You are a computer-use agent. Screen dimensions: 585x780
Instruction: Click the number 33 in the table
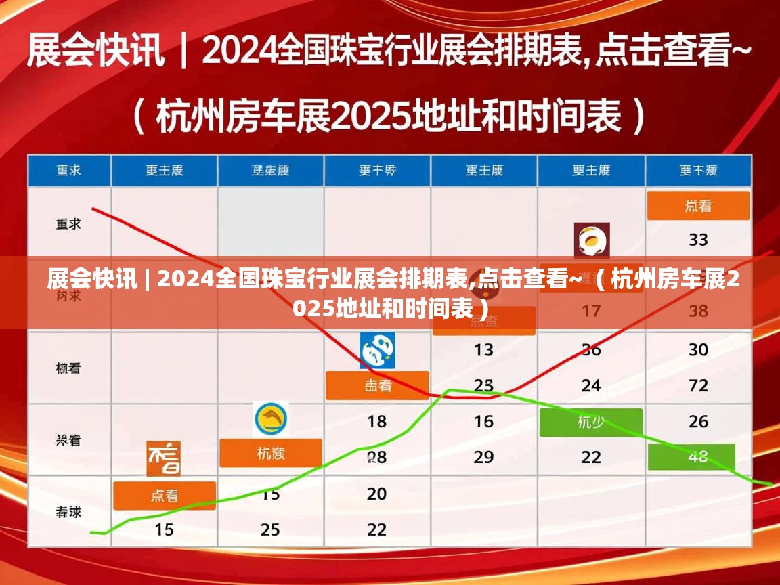(698, 240)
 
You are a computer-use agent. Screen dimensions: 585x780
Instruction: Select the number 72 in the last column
(698, 386)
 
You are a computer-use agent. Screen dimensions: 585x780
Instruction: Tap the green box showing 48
(691, 457)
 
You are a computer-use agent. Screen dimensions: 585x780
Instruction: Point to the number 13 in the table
(483, 350)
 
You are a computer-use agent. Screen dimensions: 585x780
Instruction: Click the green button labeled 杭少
(590, 422)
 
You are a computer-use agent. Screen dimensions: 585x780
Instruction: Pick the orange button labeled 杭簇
(271, 453)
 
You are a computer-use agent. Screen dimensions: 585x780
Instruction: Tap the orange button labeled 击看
(377, 386)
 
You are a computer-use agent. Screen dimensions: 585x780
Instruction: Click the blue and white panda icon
(377, 351)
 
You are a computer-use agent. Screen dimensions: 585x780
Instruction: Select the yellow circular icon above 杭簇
(271, 419)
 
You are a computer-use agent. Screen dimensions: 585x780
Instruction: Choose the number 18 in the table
(377, 422)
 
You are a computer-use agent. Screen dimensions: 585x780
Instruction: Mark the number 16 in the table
(483, 422)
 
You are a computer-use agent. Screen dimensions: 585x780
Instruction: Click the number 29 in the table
(483, 457)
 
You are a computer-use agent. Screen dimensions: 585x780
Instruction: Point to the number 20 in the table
(377, 494)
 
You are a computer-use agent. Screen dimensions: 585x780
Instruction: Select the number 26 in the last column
(698, 422)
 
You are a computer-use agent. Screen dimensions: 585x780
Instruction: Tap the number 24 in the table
(590, 386)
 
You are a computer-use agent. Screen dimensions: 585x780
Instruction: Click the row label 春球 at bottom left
(68, 512)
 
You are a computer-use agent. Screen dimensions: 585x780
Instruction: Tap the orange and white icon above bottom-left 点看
(164, 458)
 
